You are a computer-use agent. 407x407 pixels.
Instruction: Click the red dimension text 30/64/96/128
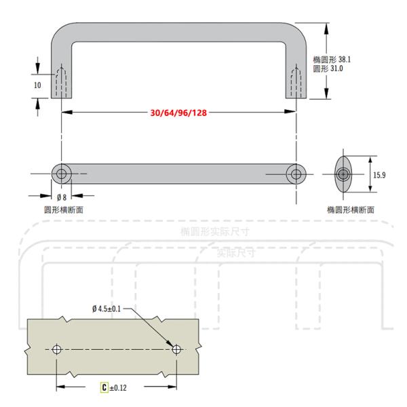(x=179, y=113)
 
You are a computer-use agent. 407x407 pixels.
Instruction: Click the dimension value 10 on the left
(x=37, y=85)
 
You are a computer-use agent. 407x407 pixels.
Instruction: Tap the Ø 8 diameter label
(x=62, y=197)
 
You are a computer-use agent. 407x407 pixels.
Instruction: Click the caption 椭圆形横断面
(x=350, y=210)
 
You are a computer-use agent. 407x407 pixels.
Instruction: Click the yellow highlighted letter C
(x=104, y=388)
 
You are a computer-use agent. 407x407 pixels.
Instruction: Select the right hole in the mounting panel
(x=177, y=349)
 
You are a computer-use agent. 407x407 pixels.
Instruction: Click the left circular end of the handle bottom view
(x=62, y=174)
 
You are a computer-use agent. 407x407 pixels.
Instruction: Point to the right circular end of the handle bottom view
(x=296, y=174)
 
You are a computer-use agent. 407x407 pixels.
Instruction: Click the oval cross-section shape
(x=344, y=175)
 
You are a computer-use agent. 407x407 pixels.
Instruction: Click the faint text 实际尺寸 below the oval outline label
(x=235, y=253)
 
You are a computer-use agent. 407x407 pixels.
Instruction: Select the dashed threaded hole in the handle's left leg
(x=62, y=83)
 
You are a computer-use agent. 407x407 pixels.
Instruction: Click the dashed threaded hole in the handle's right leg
(x=296, y=83)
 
